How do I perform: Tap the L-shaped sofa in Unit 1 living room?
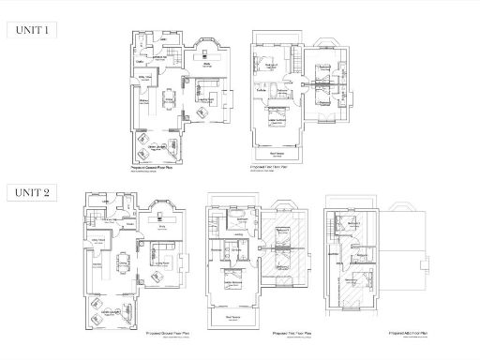pyautogui.click(x=207, y=95)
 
